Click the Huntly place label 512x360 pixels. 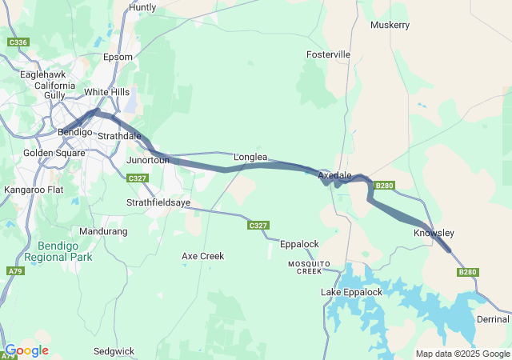(x=142, y=7)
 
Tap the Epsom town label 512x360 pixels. (x=117, y=58)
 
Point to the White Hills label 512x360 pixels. (x=106, y=92)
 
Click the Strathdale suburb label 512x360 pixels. (x=119, y=135)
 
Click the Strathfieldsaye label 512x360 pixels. (x=158, y=203)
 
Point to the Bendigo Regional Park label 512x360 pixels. (x=58, y=252)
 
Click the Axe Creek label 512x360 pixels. (x=202, y=256)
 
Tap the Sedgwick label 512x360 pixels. (x=114, y=350)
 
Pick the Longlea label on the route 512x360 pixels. (x=250, y=158)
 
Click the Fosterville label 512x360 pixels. (x=328, y=54)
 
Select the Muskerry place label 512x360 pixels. (x=390, y=25)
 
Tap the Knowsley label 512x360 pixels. (x=434, y=233)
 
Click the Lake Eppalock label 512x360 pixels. (x=351, y=292)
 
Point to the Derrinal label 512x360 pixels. (x=492, y=319)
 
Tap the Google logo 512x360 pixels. (x=26, y=350)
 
